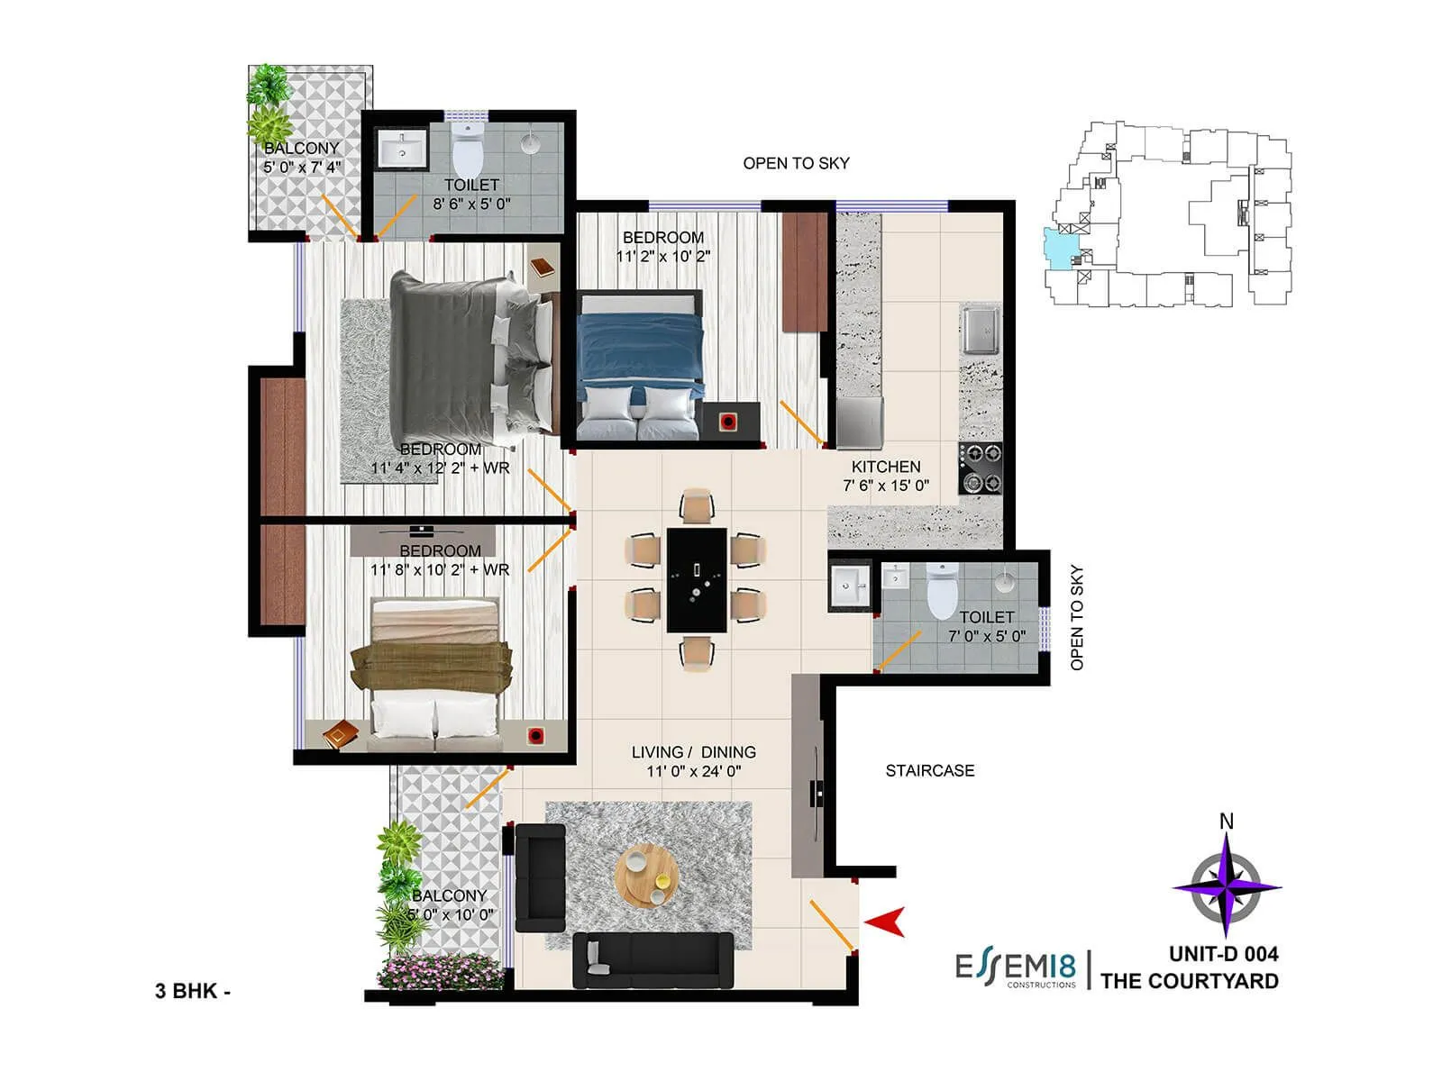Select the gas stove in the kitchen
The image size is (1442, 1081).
coord(981,468)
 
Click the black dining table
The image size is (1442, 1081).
coord(697,580)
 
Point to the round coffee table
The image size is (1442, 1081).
coord(647,874)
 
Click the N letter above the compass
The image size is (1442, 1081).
coord(1226,821)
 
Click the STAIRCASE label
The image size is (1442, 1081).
coord(929,770)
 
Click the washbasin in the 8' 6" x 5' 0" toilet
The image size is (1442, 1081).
coord(402,150)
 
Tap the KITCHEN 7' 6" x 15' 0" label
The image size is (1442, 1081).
coord(886,476)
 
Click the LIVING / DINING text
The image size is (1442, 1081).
coord(693,752)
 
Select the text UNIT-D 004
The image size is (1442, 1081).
coord(1223,953)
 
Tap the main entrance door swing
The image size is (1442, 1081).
coord(831,923)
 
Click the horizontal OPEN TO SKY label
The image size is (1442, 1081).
coord(796,163)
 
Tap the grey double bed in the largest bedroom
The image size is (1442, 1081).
coord(469,360)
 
